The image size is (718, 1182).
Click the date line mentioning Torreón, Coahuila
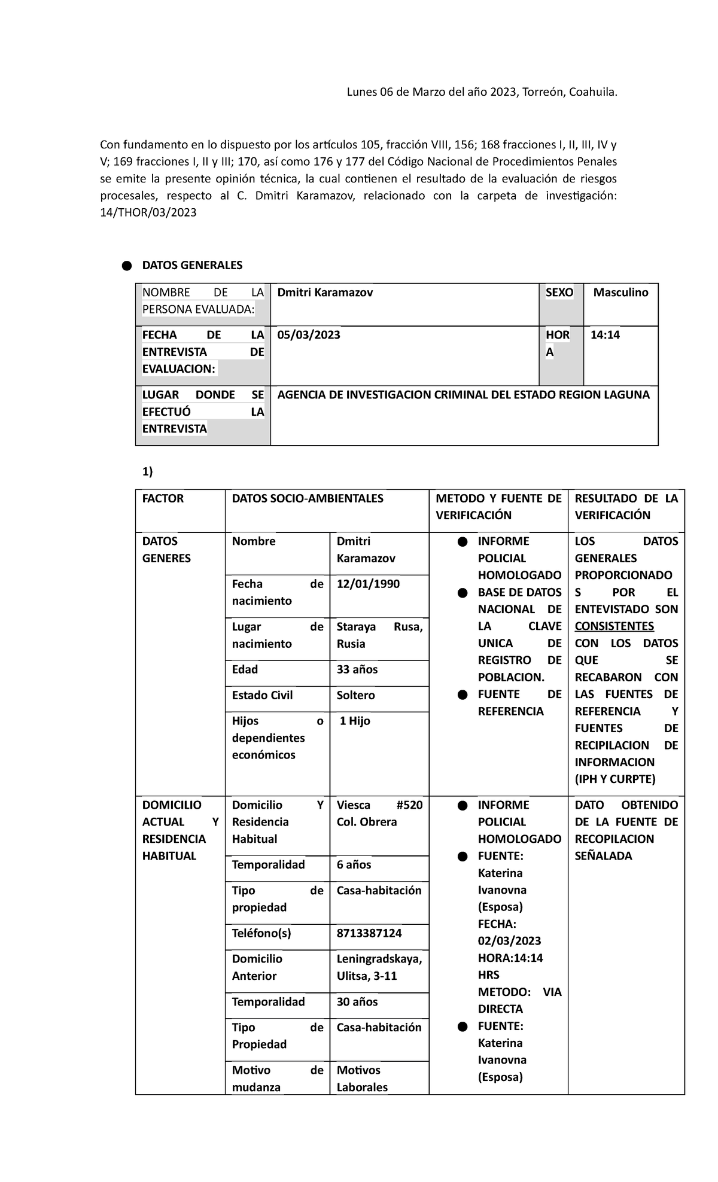pyautogui.click(x=482, y=92)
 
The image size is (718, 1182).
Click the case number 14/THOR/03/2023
pyautogui.click(x=148, y=212)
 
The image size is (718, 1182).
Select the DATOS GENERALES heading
pyautogui.click(x=192, y=265)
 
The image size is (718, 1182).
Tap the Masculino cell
pyautogui.click(x=620, y=293)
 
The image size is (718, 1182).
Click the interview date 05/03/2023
pyautogui.click(x=309, y=335)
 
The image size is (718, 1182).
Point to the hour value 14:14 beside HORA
pyautogui.click(x=605, y=335)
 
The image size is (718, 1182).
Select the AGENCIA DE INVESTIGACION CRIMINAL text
pyautogui.click(x=463, y=395)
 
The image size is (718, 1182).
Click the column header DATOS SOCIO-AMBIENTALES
pyautogui.click(x=308, y=498)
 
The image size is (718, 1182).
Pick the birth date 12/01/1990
pyautogui.click(x=368, y=584)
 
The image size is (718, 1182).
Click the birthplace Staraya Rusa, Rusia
pyautogui.click(x=379, y=635)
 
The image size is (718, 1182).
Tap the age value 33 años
pyautogui.click(x=357, y=669)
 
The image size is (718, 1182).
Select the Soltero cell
pyautogui.click(x=356, y=695)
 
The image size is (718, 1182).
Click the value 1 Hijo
pyautogui.click(x=355, y=721)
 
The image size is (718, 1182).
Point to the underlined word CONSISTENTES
pyautogui.click(x=614, y=626)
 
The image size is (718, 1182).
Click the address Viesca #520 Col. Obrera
pyautogui.click(x=379, y=814)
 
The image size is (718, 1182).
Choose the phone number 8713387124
pyautogui.click(x=369, y=933)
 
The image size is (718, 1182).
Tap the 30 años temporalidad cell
pyautogui.click(x=357, y=1001)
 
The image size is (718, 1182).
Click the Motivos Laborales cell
pyautogui.click(x=362, y=1079)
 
